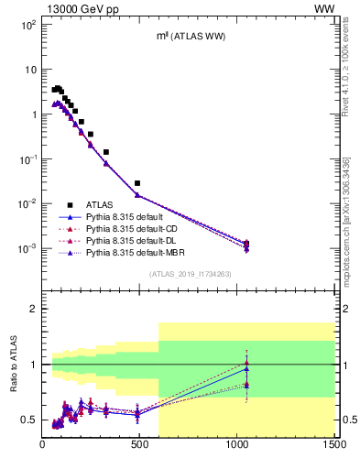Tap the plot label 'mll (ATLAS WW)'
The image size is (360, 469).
click(189, 36)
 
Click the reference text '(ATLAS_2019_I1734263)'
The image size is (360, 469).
click(188, 274)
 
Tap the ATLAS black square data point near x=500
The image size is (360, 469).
click(137, 183)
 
